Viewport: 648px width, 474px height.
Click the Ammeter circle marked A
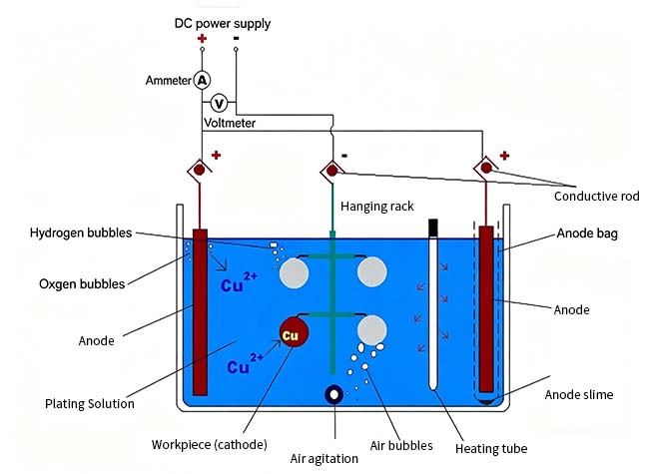[x=202, y=79]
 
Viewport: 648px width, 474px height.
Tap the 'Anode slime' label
[x=579, y=394]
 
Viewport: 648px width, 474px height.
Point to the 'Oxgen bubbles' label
[x=83, y=283]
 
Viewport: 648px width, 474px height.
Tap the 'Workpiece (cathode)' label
[x=210, y=444]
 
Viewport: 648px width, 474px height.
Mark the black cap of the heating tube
[x=433, y=227]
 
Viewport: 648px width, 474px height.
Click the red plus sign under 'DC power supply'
[x=202, y=40]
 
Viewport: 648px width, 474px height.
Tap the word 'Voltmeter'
[x=230, y=123]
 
